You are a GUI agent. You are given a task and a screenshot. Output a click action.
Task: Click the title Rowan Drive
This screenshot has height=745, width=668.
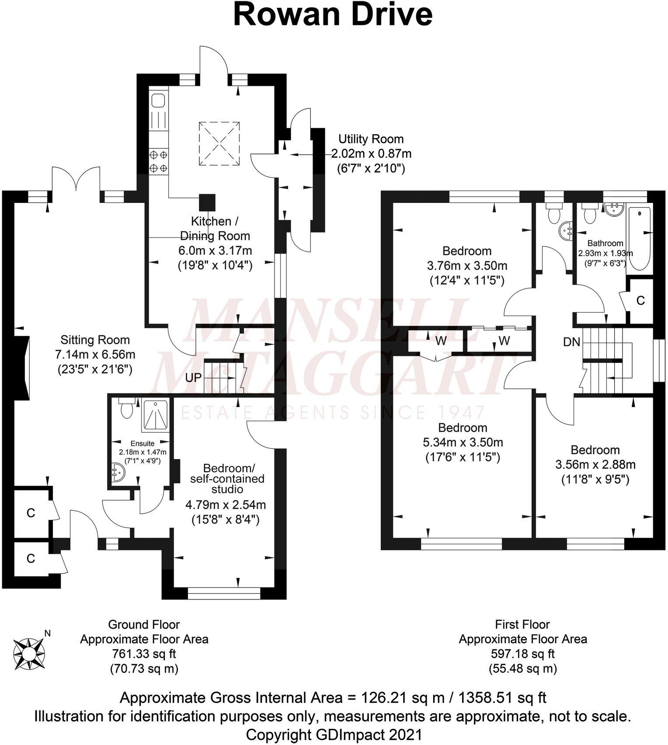(333, 15)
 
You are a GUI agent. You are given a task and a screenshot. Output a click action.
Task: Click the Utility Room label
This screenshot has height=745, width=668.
(371, 139)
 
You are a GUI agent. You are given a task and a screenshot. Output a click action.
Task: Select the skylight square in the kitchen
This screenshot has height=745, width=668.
(219, 143)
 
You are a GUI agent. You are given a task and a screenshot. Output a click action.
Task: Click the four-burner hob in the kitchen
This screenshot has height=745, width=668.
(158, 161)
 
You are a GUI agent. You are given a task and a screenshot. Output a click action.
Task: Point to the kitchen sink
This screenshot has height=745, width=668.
(158, 101)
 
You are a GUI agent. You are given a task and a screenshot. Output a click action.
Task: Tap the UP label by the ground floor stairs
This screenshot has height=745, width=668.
(193, 377)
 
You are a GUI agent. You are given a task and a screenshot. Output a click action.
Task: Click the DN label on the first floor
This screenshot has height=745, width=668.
(571, 342)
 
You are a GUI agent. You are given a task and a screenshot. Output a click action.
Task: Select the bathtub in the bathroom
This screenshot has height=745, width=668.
(639, 239)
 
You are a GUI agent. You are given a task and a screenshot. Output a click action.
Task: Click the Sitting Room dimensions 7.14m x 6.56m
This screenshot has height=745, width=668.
(95, 354)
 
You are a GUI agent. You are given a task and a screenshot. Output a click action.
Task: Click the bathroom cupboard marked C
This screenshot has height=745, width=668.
(640, 300)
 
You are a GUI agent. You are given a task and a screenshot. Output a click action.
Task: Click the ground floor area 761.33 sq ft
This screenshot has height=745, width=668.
(144, 654)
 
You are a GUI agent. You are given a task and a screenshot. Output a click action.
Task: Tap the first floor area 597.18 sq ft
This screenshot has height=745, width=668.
(522, 654)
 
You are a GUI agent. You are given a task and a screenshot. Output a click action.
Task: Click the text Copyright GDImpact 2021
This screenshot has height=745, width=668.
(334, 734)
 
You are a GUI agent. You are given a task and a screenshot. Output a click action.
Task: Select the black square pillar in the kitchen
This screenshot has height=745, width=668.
(207, 202)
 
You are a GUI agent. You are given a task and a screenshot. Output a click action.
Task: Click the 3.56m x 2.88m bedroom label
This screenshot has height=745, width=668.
(595, 464)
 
